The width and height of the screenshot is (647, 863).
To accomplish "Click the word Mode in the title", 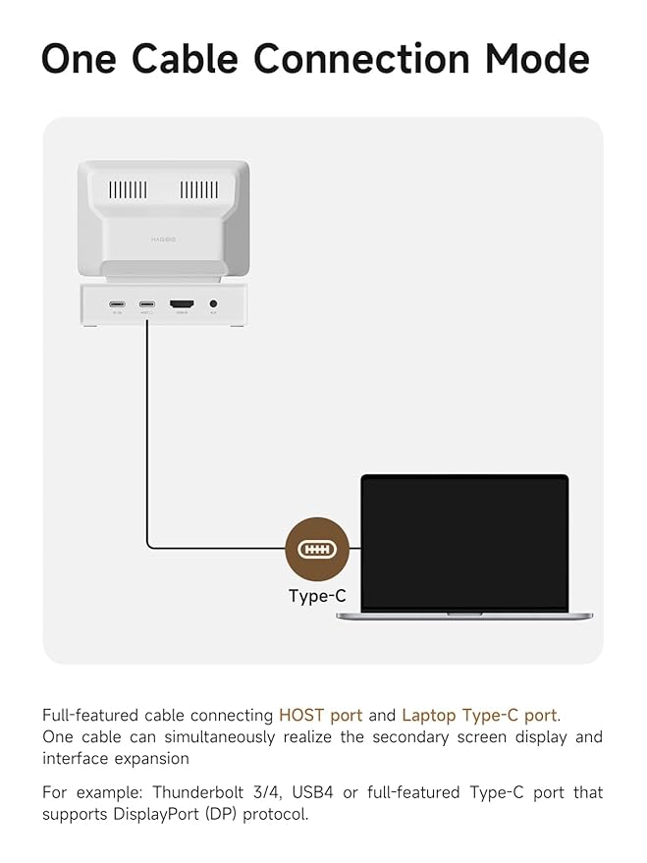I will pos(538,59).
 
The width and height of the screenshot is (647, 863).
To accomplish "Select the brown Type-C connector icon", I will pos(317,549).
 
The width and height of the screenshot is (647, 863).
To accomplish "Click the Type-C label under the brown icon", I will pos(317,596).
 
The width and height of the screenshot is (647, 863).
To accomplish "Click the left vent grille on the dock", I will pos(128,189).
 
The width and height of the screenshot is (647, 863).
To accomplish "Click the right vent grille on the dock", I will pos(199,189).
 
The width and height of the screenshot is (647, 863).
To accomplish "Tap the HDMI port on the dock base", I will pos(182,305).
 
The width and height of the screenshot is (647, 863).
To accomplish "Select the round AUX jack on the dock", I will pos(213,305).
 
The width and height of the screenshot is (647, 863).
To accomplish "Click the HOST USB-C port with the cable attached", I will pos(147,305).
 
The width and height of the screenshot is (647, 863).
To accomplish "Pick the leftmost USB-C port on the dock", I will pos(118,305).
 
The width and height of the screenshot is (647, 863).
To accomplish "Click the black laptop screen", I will pos(464,542).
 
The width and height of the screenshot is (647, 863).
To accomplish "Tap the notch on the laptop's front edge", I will pos(464,614).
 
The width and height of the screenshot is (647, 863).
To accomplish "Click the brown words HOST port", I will pos(320,716).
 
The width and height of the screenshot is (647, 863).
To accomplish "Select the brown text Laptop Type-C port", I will pos(478,716).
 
